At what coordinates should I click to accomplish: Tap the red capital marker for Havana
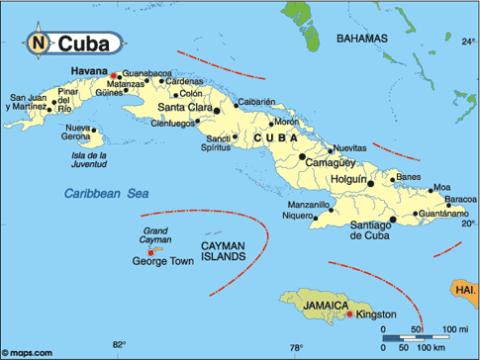[x=114, y=74]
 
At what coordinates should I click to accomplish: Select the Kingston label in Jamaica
[x=376, y=315]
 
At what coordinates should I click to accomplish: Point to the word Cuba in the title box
[x=83, y=44]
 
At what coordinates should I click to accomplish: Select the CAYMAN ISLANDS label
[x=223, y=250]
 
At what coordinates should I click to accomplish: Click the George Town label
[x=159, y=262]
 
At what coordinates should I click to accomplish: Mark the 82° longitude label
[x=119, y=344]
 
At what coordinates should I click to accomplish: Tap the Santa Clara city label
[x=180, y=106]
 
